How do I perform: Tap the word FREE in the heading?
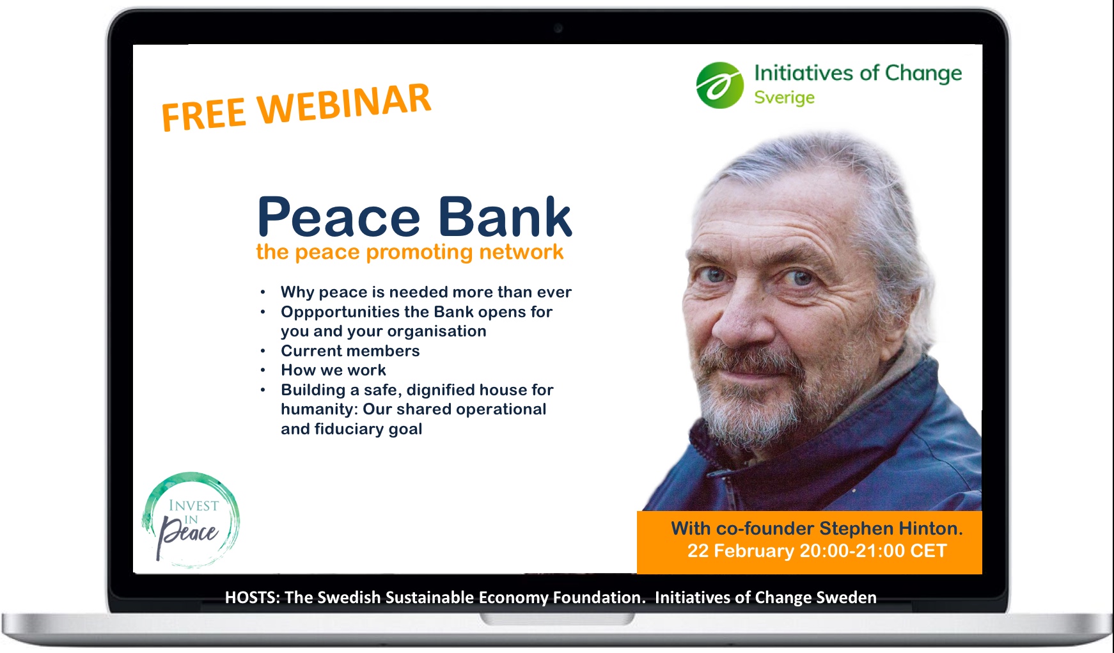click(x=204, y=114)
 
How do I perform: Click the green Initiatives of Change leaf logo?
click(x=720, y=85)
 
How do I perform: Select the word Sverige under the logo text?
click(x=784, y=98)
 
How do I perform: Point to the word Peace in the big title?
click(x=338, y=217)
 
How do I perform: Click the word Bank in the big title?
click(x=505, y=216)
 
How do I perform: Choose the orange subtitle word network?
click(x=521, y=252)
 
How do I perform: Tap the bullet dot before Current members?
click(x=263, y=351)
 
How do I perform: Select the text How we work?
click(x=333, y=370)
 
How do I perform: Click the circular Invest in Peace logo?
click(x=191, y=521)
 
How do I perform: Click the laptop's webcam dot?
click(x=558, y=28)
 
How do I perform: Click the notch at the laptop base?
click(x=557, y=618)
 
